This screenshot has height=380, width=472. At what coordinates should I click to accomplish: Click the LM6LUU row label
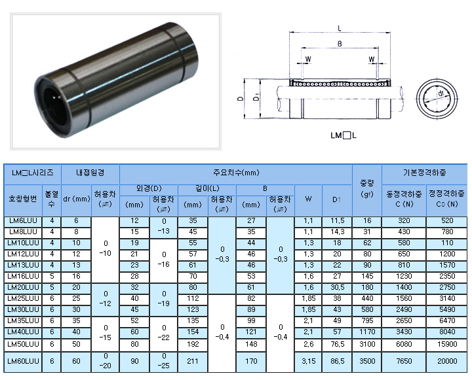click(x=23, y=221)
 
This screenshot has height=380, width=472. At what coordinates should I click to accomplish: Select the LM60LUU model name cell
click(x=23, y=361)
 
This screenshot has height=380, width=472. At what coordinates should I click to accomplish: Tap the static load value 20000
click(x=447, y=361)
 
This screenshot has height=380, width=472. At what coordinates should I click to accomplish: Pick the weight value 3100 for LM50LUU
click(x=367, y=344)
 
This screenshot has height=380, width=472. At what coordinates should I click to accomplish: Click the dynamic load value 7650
click(x=404, y=361)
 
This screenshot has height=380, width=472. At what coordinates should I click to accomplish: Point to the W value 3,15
click(x=309, y=361)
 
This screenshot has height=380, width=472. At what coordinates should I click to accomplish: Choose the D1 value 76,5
click(x=337, y=344)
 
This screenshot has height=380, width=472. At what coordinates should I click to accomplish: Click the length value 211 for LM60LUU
click(x=193, y=361)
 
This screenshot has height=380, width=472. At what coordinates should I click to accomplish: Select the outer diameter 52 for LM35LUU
click(x=134, y=321)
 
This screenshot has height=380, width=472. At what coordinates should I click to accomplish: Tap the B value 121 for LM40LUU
click(x=250, y=332)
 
